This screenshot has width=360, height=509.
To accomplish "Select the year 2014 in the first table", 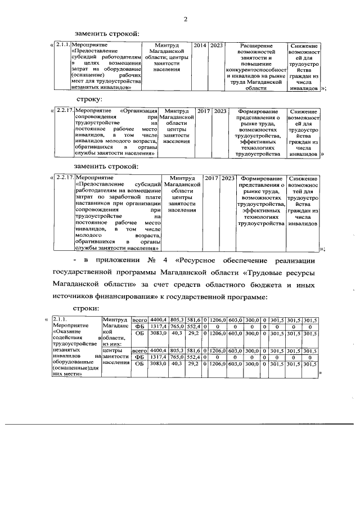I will coord(200,44).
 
